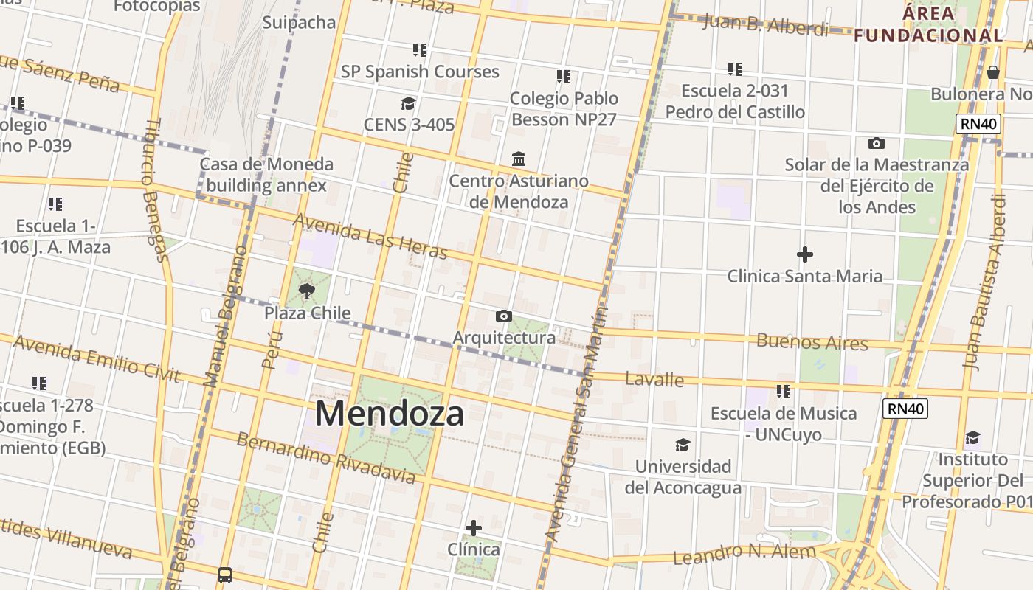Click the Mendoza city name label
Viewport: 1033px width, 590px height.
pyautogui.click(x=390, y=413)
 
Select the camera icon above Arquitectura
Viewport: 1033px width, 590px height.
pyautogui.click(x=504, y=316)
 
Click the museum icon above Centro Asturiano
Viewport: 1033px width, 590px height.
pyautogui.click(x=519, y=159)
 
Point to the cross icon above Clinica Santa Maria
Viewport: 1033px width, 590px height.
pyautogui.click(x=805, y=255)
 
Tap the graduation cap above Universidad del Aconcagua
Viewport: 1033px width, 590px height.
pyautogui.click(x=683, y=445)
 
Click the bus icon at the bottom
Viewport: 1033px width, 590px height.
pyautogui.click(x=225, y=575)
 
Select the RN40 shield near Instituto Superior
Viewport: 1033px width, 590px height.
pyautogui.click(x=905, y=409)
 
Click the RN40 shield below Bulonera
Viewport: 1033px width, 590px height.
pyautogui.click(x=979, y=124)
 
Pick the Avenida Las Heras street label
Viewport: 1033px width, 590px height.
pyautogui.click(x=370, y=237)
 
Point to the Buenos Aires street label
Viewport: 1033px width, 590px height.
pyautogui.click(x=812, y=342)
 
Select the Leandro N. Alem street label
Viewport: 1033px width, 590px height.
pyautogui.click(x=745, y=552)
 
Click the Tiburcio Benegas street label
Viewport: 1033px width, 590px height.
pyautogui.click(x=154, y=190)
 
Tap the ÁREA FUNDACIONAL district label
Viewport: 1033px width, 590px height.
pyautogui.click(x=929, y=24)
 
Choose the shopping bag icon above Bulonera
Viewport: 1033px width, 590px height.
pyautogui.click(x=993, y=72)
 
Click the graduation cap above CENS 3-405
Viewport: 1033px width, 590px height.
pyautogui.click(x=408, y=103)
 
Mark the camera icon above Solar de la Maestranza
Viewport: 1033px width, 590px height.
pyautogui.click(x=877, y=143)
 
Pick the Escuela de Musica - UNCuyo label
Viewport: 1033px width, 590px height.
pyautogui.click(x=784, y=423)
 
